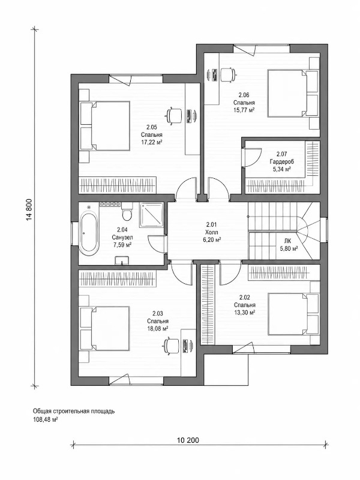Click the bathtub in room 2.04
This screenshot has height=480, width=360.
[x=89, y=233]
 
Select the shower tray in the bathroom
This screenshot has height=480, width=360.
[x=151, y=215]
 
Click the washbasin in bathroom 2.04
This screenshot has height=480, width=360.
[x=122, y=260]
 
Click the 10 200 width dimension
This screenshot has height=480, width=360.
[x=188, y=440]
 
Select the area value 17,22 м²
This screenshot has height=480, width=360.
[x=152, y=142]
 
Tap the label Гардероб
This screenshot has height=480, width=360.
[x=281, y=161]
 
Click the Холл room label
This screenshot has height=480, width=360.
[x=212, y=233]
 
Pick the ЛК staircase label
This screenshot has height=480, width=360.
[x=287, y=241]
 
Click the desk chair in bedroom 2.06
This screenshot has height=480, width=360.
[x=228, y=74]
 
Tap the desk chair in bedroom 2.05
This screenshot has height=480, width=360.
[x=173, y=115]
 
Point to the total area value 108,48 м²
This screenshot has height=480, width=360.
[x=46, y=419]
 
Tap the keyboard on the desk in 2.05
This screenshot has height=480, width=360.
[x=190, y=115]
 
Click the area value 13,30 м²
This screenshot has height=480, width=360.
[x=245, y=313]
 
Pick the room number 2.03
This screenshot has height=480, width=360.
[x=158, y=313]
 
